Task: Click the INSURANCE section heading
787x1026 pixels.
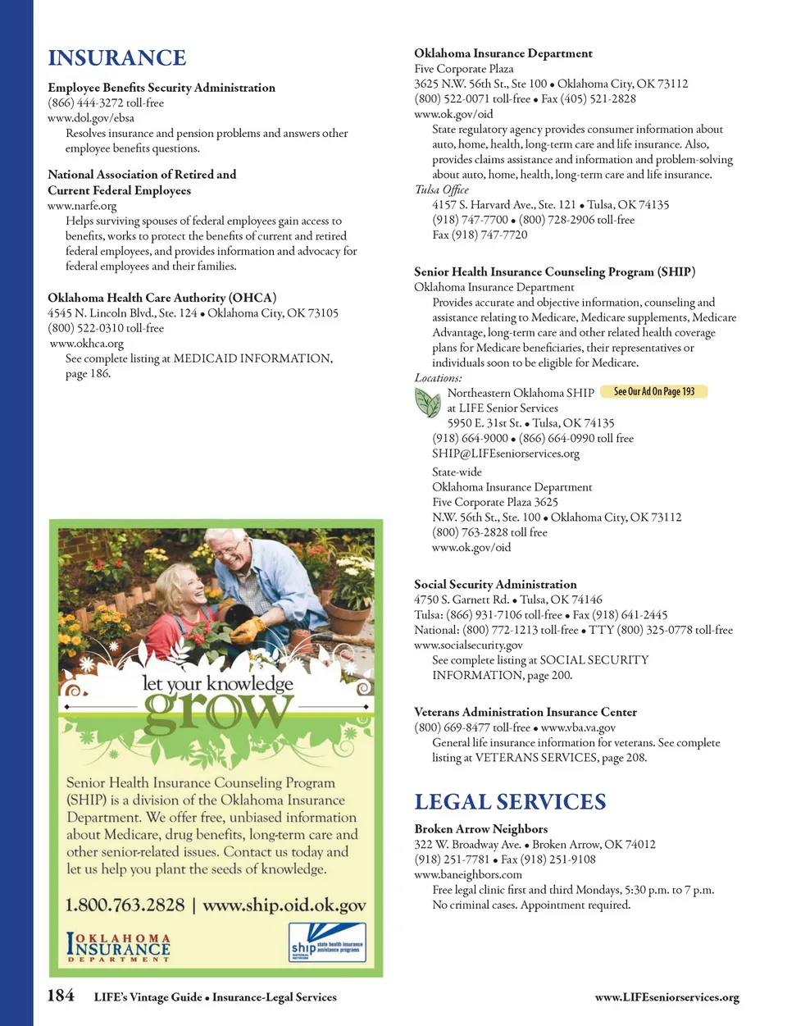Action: coord(117,58)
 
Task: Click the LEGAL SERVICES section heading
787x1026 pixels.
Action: coord(510,802)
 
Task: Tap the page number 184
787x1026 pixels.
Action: coord(61,996)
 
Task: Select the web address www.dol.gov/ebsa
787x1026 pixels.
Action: coord(91,118)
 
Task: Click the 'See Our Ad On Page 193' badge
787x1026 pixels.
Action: coord(653,392)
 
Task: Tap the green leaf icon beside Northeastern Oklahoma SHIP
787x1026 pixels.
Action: coord(427,403)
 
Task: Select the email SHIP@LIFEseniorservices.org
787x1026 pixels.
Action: coord(506,454)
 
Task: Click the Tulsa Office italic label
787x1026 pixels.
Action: coord(442,189)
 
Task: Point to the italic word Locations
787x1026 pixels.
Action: coord(438,378)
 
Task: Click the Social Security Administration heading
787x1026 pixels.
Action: coord(495,585)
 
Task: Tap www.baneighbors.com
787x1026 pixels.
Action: coord(468,874)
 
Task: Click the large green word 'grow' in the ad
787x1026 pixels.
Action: coord(217,711)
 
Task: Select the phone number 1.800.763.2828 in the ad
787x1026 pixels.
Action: coord(125,905)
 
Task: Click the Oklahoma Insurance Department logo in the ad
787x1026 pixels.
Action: coord(119,947)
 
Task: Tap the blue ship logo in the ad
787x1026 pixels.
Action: coord(327,943)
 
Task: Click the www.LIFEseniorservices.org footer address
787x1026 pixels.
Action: coord(666,998)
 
